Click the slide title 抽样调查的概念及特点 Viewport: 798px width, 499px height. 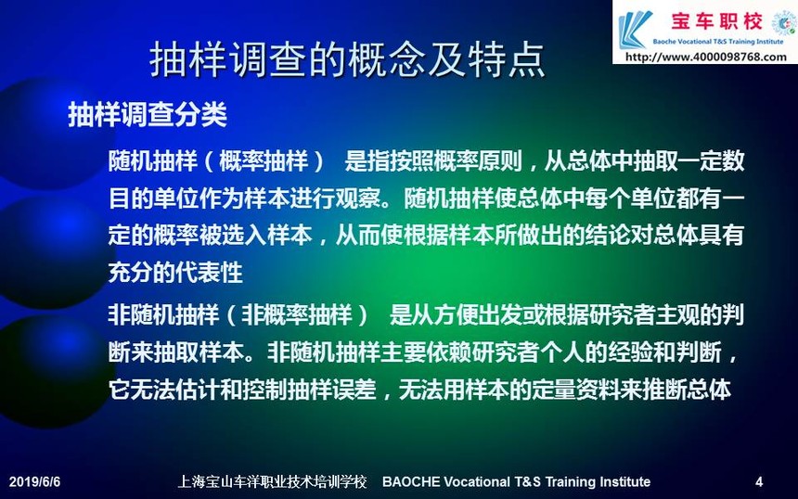(347, 60)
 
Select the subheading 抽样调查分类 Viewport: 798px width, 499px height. (148, 114)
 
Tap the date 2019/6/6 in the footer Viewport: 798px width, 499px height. (34, 481)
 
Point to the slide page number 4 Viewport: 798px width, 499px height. (759, 481)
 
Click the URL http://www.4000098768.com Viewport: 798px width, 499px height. (706, 57)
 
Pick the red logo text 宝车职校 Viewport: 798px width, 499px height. (716, 21)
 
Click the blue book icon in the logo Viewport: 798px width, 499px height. (635, 30)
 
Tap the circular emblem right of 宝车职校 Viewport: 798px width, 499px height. (784, 23)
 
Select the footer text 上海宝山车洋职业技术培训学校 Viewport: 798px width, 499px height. (272, 481)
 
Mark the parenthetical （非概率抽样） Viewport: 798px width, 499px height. (297, 314)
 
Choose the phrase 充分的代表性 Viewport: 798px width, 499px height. (175, 273)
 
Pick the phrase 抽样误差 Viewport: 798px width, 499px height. (332, 390)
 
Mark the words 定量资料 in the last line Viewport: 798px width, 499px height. (576, 390)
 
